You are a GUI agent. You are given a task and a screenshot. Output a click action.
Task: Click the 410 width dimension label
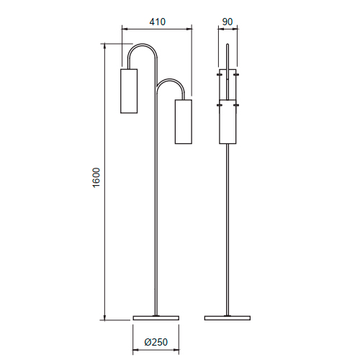tap(158, 22)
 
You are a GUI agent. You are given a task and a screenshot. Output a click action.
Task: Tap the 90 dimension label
tap(228, 22)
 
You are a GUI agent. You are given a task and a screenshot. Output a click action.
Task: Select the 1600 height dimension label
tap(96, 178)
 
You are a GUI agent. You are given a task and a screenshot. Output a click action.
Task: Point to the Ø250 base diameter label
tap(156, 342)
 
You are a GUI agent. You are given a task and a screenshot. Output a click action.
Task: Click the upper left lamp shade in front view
tap(129, 91)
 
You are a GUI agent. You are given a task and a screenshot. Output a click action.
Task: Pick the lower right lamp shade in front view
tap(184, 122)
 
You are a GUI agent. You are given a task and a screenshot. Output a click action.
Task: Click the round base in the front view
tap(156, 318)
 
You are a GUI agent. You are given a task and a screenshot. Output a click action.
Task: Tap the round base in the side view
tap(228, 318)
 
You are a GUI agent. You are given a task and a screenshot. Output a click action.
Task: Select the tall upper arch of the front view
tap(143, 45)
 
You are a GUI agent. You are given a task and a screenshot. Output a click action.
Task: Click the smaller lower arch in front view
tap(171, 80)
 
